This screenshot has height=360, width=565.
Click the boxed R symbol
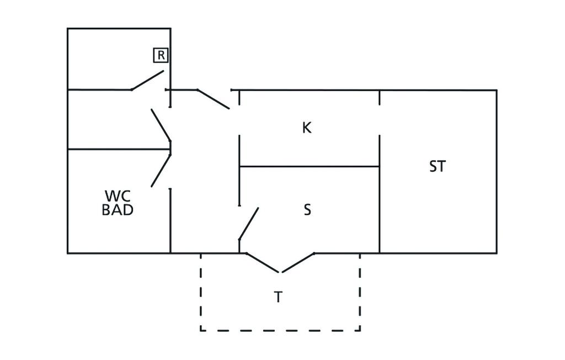161,55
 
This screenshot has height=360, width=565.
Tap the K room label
307,128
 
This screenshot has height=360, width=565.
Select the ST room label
437,166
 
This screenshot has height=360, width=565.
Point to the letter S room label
307,210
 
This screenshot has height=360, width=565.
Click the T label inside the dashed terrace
279,297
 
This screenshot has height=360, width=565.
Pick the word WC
118,196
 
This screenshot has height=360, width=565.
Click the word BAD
118,210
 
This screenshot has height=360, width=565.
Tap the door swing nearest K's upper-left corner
213,99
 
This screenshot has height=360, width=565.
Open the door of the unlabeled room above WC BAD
161,124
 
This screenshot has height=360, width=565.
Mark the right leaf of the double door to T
299,262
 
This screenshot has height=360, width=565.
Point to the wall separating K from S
309,166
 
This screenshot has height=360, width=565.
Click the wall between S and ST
380,210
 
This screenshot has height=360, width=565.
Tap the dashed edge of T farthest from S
280,331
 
